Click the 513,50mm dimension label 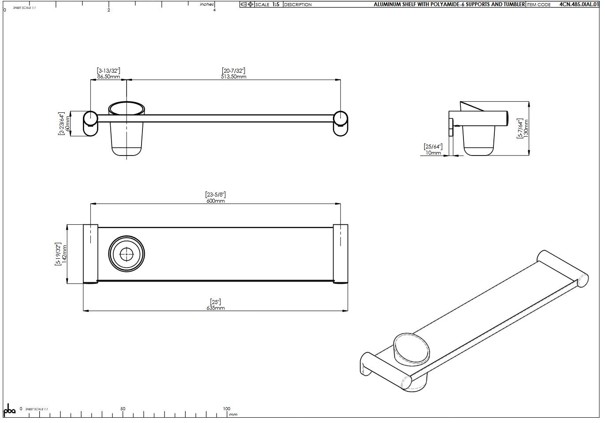coord(234,77)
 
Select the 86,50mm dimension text coord(108,77)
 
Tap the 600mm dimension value coord(216,201)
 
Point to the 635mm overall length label coord(216,308)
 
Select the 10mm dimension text coord(433,153)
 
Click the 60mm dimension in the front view coord(67,123)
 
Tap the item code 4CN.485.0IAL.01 coord(579,4)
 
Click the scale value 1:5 coord(276,4)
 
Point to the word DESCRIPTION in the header coord(298,5)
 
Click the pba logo coord(9,410)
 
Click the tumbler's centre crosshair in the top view coord(127,253)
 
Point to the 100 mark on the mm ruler coord(226,409)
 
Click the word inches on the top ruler coord(206,4)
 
